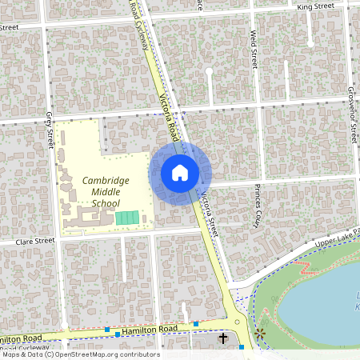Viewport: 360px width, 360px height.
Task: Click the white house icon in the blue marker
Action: click(x=180, y=172)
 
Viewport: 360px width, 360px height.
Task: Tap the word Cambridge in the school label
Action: click(x=106, y=181)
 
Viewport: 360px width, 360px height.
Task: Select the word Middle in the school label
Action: click(x=106, y=192)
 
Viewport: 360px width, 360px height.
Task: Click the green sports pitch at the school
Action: click(x=127, y=218)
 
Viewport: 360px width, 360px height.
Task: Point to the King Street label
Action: click(x=314, y=6)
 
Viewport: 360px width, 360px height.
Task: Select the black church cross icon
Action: click(x=222, y=340)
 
